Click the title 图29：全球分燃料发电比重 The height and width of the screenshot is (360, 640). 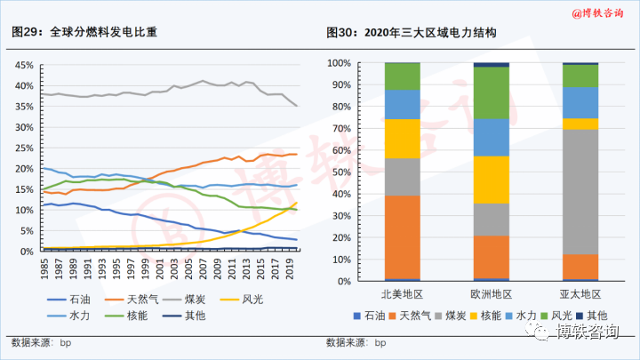click(84, 33)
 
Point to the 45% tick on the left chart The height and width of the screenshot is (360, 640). click(24, 65)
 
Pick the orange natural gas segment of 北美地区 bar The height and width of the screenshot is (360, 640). click(402, 236)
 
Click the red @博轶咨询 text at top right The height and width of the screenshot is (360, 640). click(597, 12)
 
